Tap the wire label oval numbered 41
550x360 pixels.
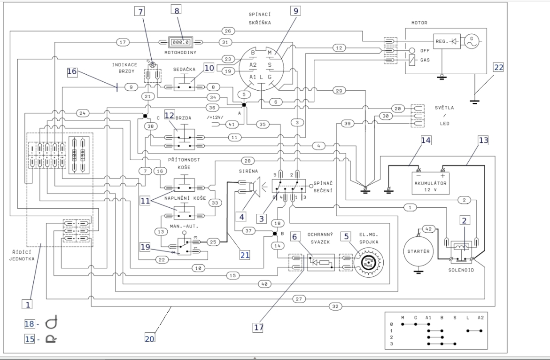point(231,124)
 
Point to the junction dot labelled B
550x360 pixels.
point(276,234)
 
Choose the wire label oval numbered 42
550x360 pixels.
point(427,229)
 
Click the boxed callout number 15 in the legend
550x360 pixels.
point(29,338)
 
